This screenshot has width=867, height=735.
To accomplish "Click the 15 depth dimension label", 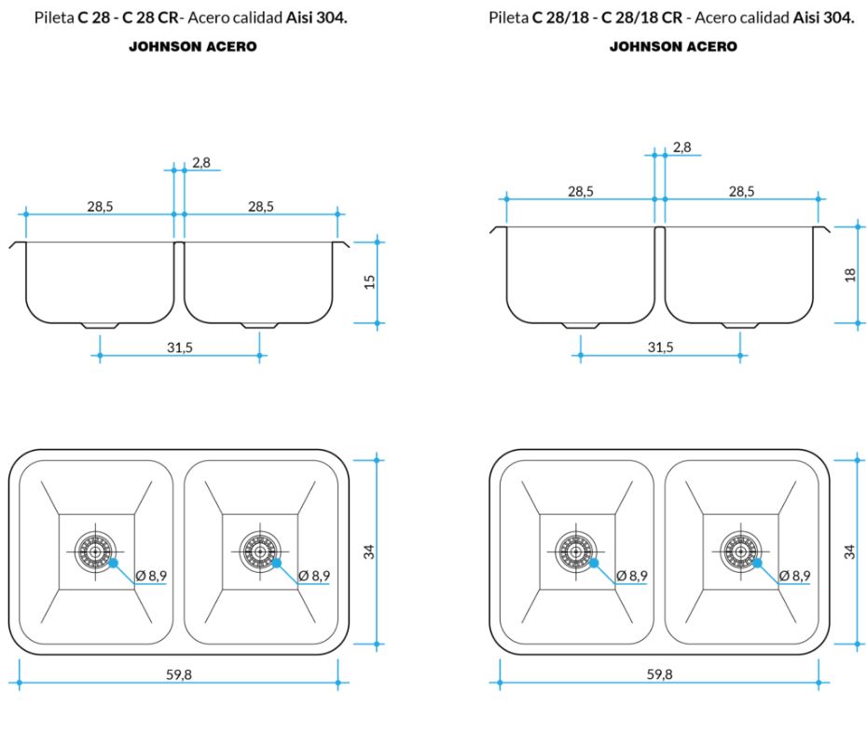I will point(370,281).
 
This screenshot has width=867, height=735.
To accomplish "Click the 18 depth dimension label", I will point(850,275).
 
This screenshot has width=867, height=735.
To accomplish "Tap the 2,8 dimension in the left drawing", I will point(201,163).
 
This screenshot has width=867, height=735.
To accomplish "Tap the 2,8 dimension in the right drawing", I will point(681,147).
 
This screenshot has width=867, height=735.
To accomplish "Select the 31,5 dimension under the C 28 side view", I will point(179,347).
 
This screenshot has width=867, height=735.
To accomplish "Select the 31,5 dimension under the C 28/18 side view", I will point(659,347).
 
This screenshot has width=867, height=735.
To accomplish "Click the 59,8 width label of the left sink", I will point(179,675).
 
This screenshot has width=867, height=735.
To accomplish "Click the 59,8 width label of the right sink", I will point(659,675).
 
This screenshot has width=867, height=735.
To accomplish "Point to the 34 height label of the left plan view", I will point(369,551).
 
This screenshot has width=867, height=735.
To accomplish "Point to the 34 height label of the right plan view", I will point(849,551).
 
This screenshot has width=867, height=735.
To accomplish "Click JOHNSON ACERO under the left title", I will point(192,47).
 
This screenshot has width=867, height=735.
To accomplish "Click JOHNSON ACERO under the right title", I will point(672,47).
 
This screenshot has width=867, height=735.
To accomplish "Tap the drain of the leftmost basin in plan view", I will point(96,551).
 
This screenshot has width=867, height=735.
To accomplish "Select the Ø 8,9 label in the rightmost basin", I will point(795,576).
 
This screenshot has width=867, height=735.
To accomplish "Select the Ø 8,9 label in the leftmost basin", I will point(151,576).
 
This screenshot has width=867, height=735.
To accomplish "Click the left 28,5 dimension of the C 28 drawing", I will point(100,207).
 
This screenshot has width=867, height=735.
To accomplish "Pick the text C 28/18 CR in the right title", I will point(643,19).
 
